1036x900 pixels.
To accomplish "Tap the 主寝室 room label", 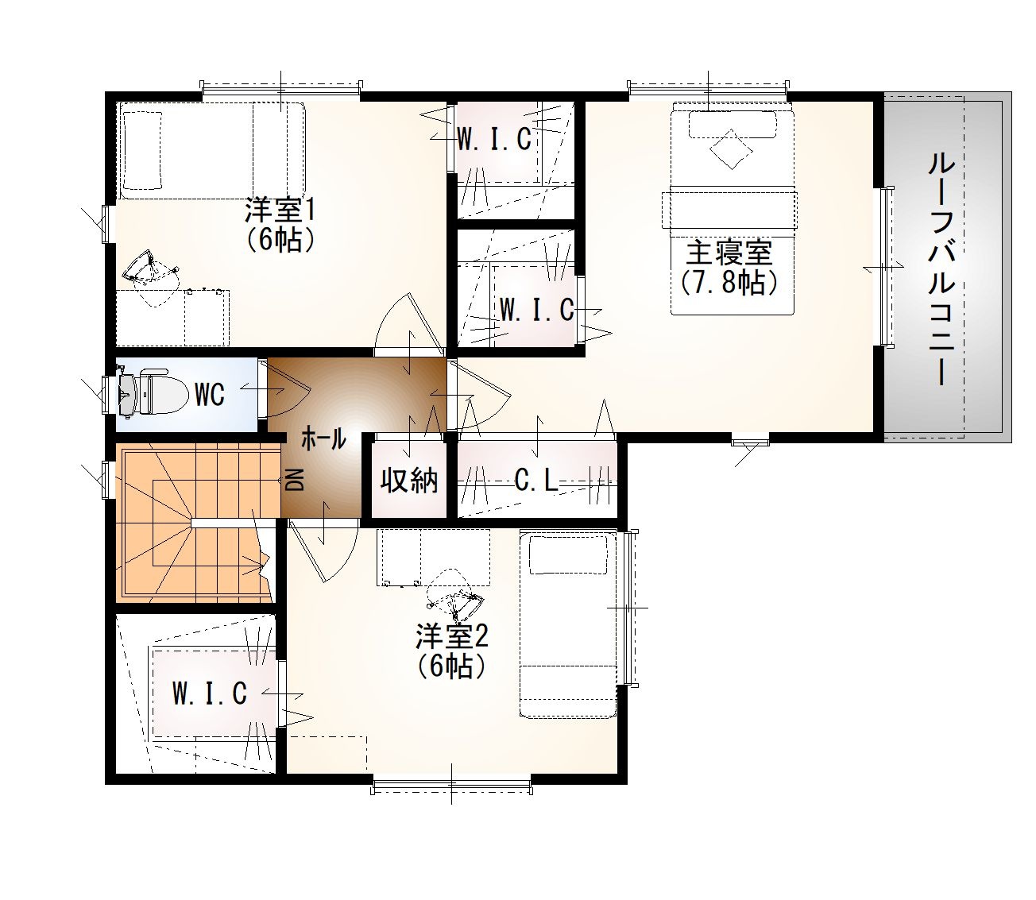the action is pos(729,253).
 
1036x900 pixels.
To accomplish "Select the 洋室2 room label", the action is pos(452,636).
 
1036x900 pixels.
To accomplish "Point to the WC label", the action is pos(210,394).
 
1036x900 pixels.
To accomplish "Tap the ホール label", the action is pos(323,438).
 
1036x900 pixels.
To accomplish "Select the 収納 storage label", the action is pos(409,479).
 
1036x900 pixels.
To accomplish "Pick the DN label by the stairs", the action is pos(295,479).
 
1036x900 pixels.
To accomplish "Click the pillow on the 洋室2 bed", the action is pos(568,554).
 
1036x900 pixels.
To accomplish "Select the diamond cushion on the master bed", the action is pos(731,149).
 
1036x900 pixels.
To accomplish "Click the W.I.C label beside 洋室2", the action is pos(210,693).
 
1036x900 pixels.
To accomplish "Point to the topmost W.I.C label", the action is pos(494,138).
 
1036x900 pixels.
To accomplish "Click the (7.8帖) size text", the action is pos(729,283).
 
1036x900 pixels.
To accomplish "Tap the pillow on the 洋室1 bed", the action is pos(143,150).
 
